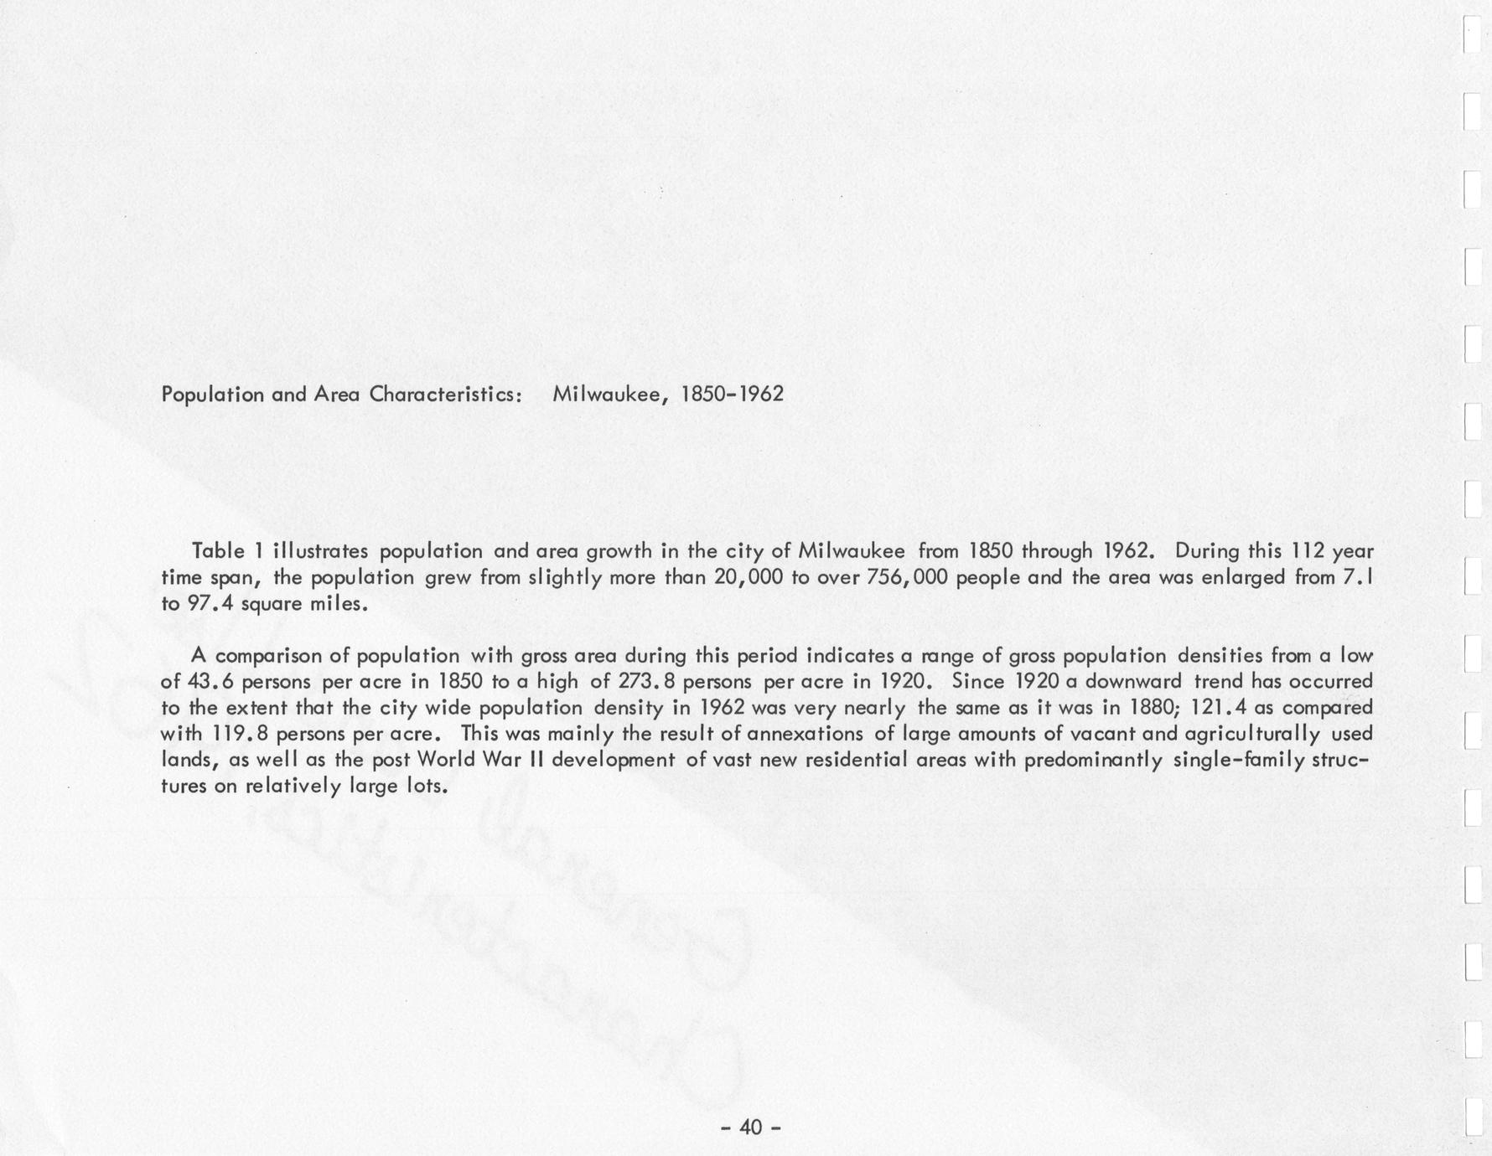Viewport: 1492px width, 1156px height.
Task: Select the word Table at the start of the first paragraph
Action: [216, 551]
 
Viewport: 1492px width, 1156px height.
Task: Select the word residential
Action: [904, 761]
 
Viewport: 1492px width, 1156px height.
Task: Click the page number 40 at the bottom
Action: [751, 1128]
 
